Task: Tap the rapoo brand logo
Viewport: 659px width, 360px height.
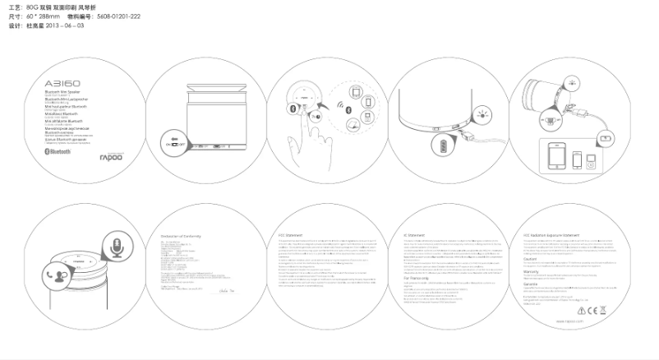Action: (x=110, y=155)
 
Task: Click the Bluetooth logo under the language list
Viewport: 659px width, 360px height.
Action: (x=59, y=153)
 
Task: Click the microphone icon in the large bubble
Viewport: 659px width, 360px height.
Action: (x=118, y=247)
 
